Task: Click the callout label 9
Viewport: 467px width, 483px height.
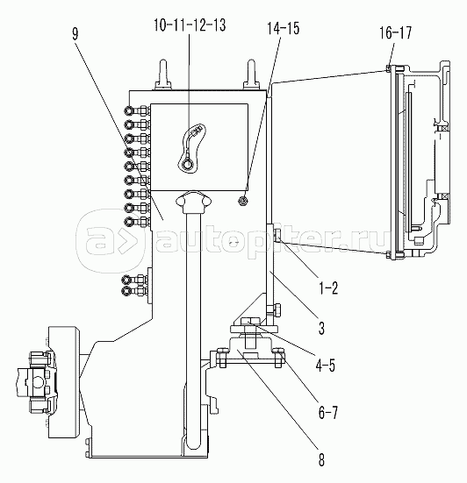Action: click(x=75, y=34)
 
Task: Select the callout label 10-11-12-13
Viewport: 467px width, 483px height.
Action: click(x=190, y=25)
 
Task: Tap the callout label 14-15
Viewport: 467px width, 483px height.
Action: click(x=284, y=28)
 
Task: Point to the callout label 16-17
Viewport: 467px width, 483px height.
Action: click(x=395, y=32)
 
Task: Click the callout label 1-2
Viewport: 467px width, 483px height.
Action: click(x=329, y=288)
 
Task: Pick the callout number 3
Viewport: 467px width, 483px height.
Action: click(x=321, y=328)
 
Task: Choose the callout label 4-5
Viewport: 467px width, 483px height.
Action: click(x=325, y=365)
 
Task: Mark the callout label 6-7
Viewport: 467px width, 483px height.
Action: click(x=328, y=412)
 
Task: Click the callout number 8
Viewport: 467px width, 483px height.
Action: click(x=321, y=460)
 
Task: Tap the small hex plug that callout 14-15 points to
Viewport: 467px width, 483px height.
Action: click(x=243, y=201)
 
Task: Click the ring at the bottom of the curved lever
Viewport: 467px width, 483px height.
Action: click(x=187, y=165)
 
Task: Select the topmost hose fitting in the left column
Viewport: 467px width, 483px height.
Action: click(x=129, y=110)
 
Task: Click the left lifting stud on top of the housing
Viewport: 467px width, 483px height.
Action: click(x=162, y=75)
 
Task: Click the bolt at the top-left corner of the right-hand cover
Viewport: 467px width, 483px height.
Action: click(x=388, y=68)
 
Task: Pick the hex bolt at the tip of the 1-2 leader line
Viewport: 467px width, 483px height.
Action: click(x=277, y=236)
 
